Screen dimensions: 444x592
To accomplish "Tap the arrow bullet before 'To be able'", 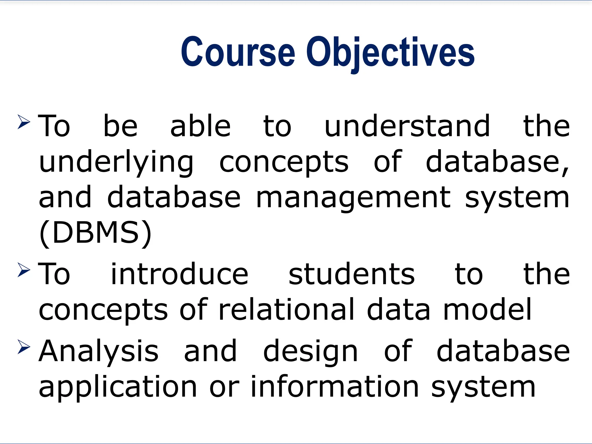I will [24, 122].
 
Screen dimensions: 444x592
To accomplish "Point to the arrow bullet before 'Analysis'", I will [24, 347].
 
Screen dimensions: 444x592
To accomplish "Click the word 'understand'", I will [407, 126].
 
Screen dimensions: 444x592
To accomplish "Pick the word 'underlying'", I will [116, 162].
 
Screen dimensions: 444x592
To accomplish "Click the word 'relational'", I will [286, 310].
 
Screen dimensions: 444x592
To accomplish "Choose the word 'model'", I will [487, 310].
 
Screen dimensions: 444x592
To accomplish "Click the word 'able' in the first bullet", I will [200, 126].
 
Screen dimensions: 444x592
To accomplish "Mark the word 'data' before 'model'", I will [399, 310].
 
